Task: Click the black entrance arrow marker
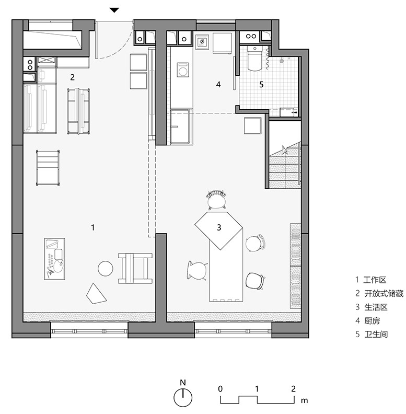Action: click(114, 10)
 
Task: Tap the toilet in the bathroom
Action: click(255, 58)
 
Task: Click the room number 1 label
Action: click(92, 227)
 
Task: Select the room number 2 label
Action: click(72, 77)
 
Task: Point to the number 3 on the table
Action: click(219, 227)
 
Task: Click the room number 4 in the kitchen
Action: click(218, 85)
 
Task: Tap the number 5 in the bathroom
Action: click(261, 85)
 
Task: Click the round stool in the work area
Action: click(106, 269)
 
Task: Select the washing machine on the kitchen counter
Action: click(183, 70)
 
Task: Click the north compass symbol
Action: click(183, 397)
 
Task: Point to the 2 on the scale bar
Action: click(293, 389)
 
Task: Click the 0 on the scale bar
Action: click(220, 389)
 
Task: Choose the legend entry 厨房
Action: click(372, 321)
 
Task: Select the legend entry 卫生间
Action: click(376, 334)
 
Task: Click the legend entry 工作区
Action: click(375, 280)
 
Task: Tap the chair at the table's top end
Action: click(216, 200)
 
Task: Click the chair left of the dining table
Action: click(197, 270)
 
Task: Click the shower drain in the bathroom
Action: click(282, 61)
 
